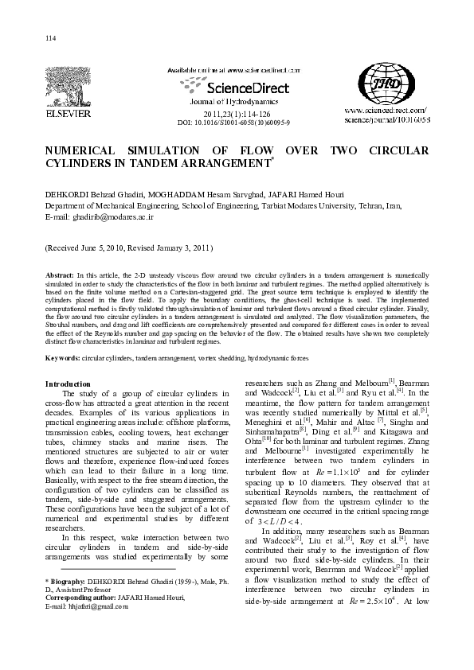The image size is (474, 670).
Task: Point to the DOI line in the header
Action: coord(233,123)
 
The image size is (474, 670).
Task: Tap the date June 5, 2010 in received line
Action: coord(100,247)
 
